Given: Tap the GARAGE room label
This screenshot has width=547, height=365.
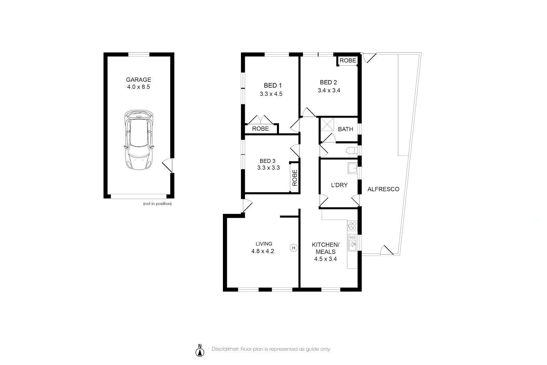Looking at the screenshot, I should click(138, 80).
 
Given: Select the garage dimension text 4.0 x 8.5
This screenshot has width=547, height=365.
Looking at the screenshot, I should click(138, 87).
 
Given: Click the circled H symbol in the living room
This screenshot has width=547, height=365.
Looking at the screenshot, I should click(293, 247).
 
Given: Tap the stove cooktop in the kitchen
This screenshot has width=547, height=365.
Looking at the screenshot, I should click(352, 226).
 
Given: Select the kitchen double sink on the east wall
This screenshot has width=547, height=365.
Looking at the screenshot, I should click(352, 243).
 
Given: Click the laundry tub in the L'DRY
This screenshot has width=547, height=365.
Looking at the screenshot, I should click(352, 168).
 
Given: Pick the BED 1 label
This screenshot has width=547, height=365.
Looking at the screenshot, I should click(272, 86).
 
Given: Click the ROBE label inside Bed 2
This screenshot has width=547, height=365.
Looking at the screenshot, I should click(348, 61).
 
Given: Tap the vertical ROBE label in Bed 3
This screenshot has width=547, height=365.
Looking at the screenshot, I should click(295, 178).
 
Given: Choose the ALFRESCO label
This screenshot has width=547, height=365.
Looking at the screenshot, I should click(383, 189).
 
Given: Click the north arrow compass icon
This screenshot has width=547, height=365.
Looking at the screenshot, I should click(200, 351).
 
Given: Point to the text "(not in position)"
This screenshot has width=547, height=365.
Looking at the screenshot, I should click(157, 204).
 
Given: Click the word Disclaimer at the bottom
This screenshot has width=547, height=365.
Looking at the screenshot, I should click(225, 349).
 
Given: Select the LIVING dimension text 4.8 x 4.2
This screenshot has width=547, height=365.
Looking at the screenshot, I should click(263, 251).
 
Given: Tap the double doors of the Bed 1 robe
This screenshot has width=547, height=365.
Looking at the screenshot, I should click(261, 120).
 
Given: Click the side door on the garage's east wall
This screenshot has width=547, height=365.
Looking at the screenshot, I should click(167, 166).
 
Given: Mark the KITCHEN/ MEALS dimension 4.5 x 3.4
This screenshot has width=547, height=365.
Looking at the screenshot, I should click(325, 259).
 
